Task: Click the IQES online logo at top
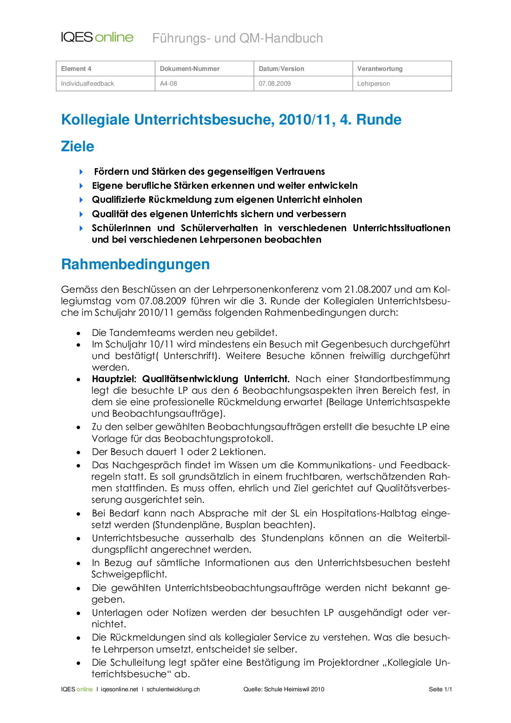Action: coord(97,38)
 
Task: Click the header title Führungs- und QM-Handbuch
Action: coord(237,38)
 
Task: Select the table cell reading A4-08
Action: coord(169,84)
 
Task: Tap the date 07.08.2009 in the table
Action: coord(275,84)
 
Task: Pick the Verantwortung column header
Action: coord(380,69)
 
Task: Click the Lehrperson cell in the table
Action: coord(373,84)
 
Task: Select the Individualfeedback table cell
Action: coord(87,84)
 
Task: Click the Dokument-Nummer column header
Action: coord(190,69)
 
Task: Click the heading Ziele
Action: coord(77,146)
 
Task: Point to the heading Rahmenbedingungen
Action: coord(135,264)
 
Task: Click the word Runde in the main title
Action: coord(379,120)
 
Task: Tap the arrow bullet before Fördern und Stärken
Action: coord(81,171)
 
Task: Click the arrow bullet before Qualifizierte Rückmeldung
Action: coord(81,200)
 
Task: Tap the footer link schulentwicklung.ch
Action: coord(173,689)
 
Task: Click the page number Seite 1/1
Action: coord(440,689)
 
